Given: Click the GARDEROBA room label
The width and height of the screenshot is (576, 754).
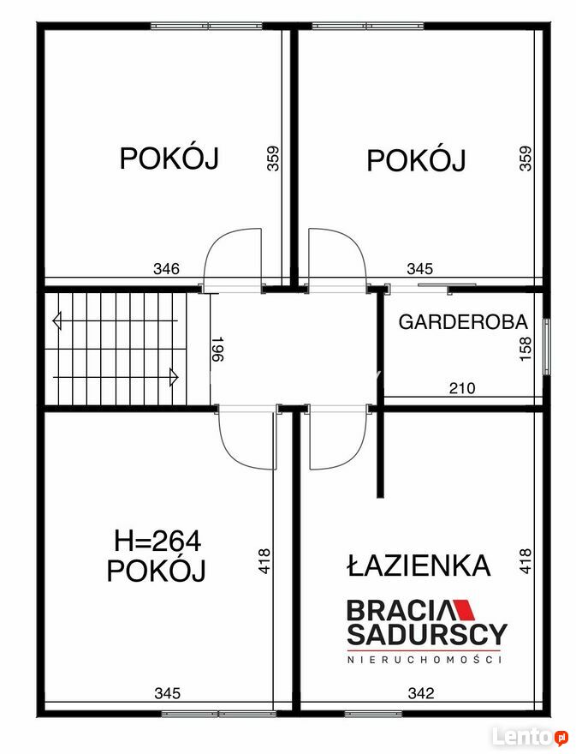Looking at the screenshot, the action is pos(463,321).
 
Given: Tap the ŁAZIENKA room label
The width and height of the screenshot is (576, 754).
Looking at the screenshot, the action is pos(419,565).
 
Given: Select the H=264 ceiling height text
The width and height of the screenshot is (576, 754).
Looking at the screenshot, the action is pos(157,542).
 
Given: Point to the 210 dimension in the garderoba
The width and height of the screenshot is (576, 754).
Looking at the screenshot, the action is pos(462,387).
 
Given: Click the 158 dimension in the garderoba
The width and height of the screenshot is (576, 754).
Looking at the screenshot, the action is pos(526,349).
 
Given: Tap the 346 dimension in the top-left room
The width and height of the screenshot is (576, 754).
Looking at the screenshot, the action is pos(166,268).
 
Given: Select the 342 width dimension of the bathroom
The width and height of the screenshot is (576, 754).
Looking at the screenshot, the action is pos(421,693).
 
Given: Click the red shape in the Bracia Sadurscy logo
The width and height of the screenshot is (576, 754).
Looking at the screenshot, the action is pos(464,609).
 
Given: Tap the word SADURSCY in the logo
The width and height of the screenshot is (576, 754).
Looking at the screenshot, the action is pos(427,634).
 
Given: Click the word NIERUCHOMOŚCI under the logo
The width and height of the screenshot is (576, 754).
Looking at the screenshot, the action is pos(425,660).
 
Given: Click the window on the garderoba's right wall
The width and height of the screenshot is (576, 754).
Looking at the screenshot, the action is pos(547,346).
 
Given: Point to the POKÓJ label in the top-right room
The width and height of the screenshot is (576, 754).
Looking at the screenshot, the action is pos(416,160).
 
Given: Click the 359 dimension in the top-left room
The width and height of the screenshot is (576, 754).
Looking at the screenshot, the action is pos(273,159).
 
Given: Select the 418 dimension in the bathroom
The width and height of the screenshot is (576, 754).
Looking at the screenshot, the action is pos(526,560).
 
